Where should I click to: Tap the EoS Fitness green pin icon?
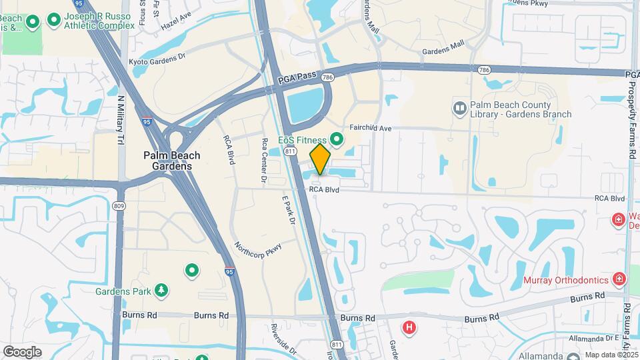click(x=337, y=139)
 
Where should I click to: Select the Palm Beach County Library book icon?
click(x=459, y=107)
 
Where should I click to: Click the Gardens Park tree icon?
click(x=161, y=290)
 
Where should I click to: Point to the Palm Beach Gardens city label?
click(x=171, y=161)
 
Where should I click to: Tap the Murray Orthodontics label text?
click(x=567, y=280)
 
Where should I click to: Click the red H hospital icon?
click(x=409, y=327)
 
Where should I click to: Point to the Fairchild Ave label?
click(x=370, y=127)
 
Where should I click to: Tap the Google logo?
click(x=22, y=351)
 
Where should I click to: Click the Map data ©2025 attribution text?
click(x=611, y=355)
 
